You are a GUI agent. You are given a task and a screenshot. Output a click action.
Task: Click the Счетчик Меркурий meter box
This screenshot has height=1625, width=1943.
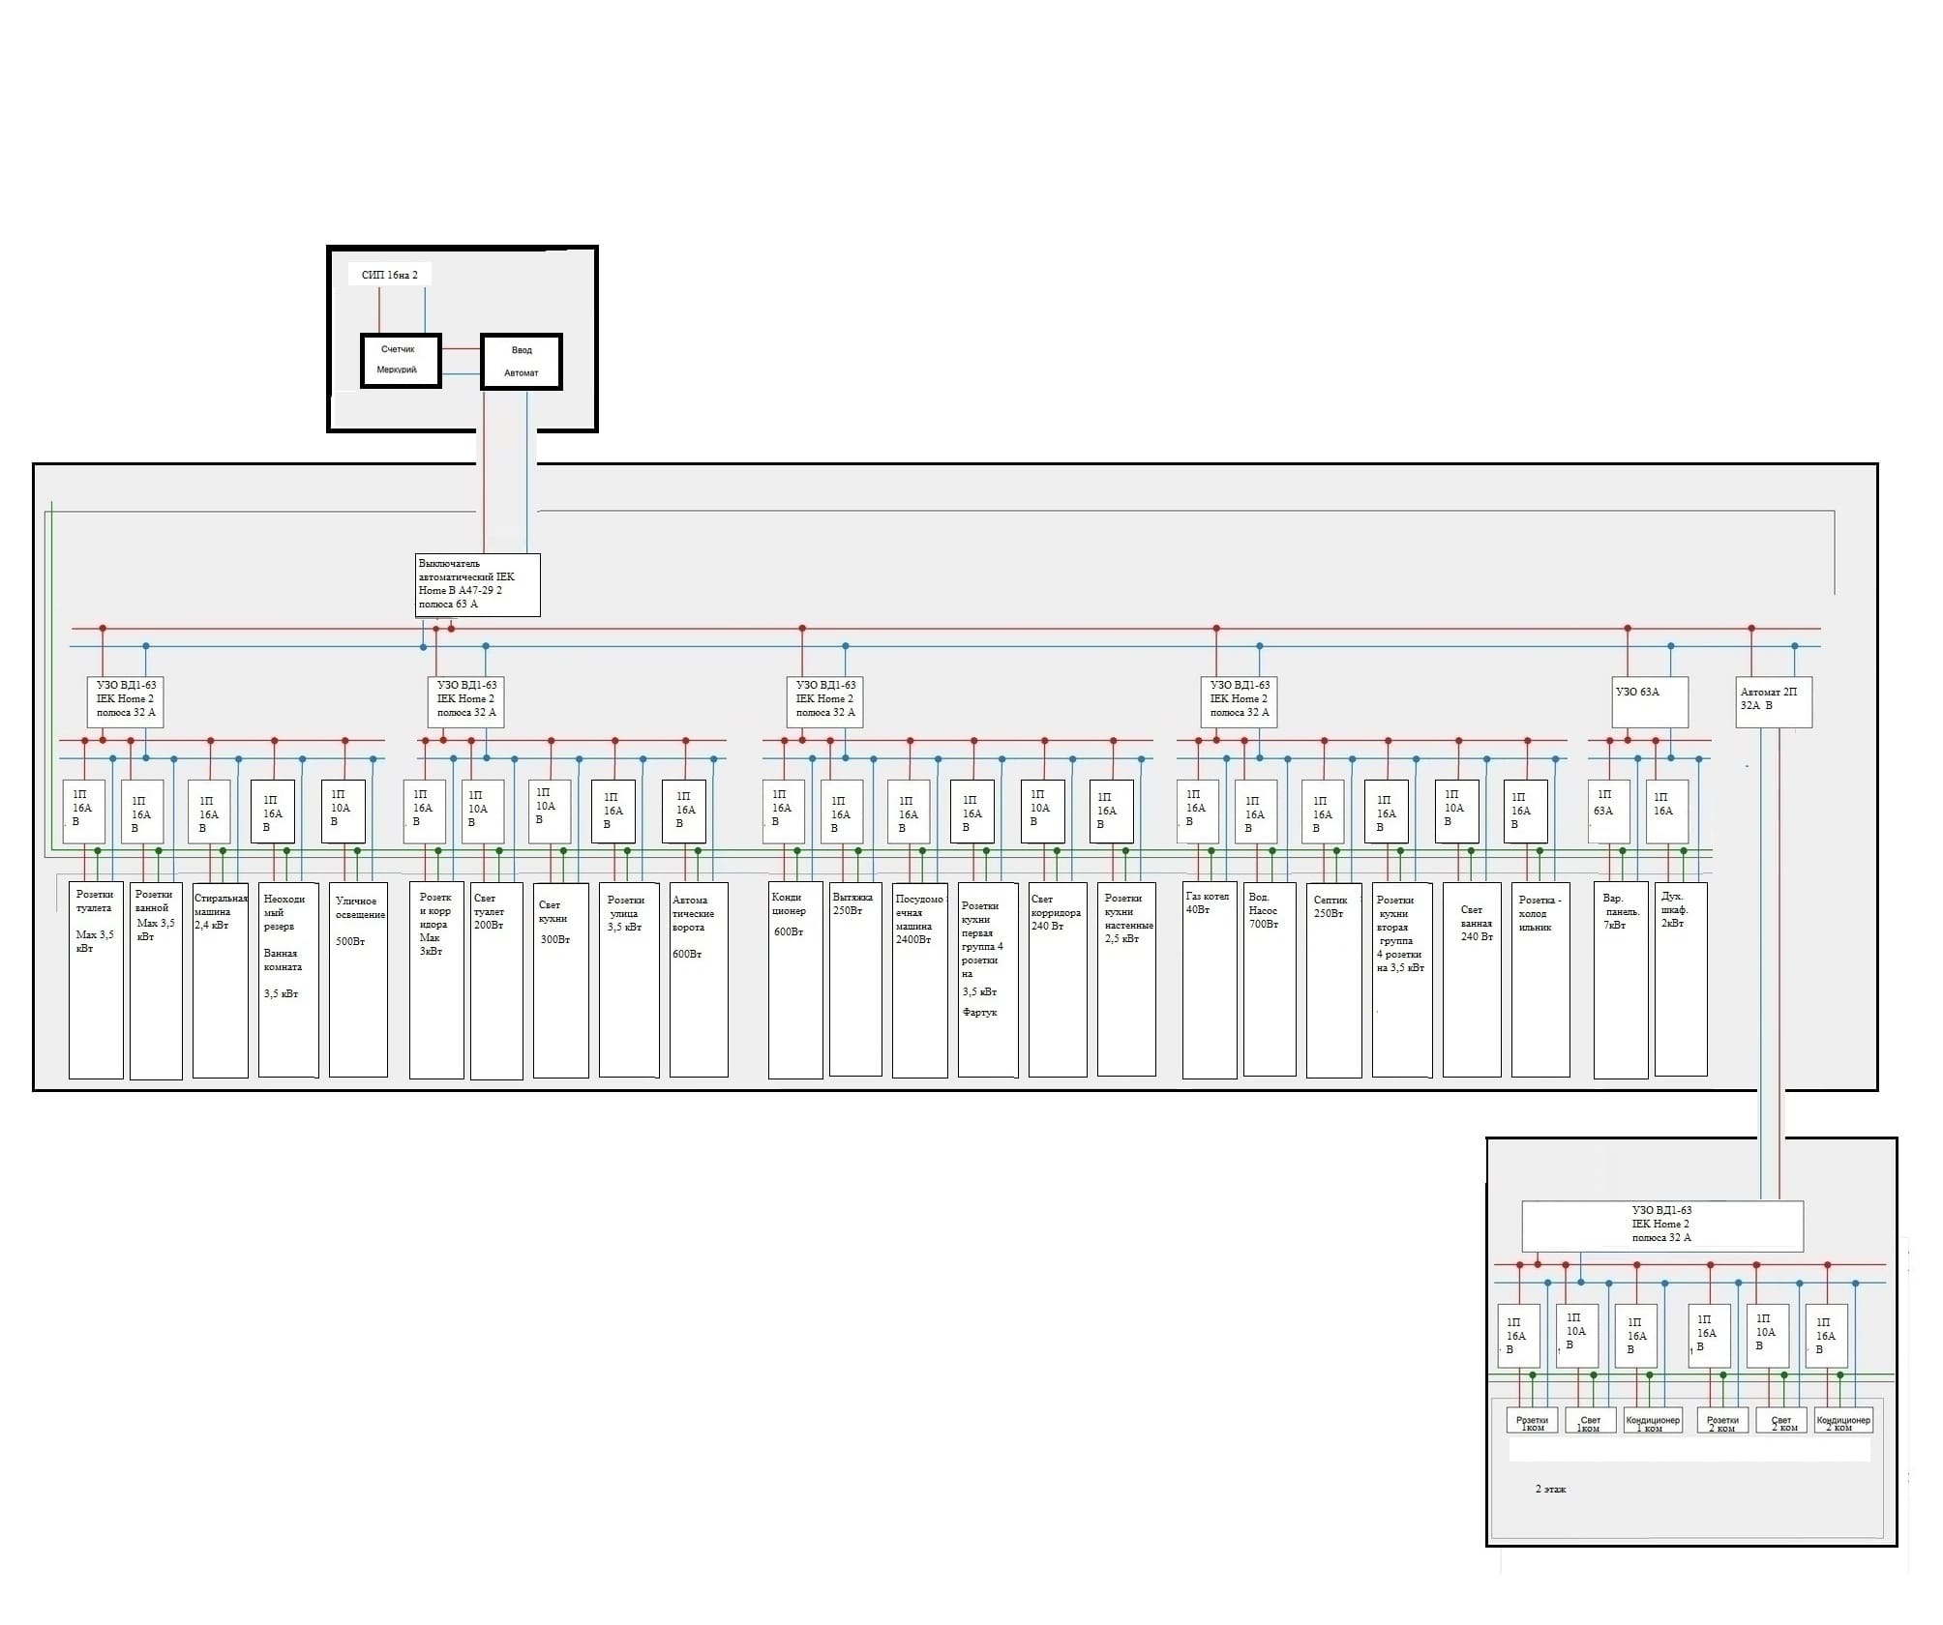coord(401,361)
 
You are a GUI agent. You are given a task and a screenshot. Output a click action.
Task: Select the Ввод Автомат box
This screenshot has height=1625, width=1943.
coord(522,362)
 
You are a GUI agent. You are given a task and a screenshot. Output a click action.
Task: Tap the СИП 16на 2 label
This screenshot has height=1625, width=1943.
coord(389,275)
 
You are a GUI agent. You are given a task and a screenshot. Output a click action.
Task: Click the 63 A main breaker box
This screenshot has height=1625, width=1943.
coord(477,584)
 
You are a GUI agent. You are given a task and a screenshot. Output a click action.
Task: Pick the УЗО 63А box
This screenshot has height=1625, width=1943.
coord(1650,701)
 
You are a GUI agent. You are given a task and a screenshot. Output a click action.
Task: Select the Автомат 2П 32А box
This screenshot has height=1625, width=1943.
coord(1774,701)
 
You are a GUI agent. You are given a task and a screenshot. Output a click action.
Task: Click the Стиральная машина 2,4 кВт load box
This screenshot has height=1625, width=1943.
coord(220,979)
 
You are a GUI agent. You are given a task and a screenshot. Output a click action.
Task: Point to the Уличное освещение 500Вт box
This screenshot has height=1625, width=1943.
coord(358,979)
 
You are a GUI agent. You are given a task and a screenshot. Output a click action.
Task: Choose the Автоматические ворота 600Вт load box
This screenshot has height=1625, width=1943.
coord(699,979)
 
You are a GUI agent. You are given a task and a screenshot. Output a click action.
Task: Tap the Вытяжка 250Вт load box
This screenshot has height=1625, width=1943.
coord(855,979)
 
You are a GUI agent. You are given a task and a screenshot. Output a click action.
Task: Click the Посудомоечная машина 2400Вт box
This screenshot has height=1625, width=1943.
coord(919,979)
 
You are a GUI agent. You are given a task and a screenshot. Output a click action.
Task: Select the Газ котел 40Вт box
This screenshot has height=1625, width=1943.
coord(1209,979)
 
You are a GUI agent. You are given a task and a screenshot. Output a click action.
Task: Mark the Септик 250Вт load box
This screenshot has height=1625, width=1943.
coord(1333,979)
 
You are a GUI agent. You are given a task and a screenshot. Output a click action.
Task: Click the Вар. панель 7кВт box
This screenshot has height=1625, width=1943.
coord(1621,979)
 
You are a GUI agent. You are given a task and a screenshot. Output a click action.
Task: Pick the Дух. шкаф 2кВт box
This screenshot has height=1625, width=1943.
coord(1681,979)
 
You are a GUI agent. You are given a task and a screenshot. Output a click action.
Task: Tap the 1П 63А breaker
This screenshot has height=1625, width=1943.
coord(1608,811)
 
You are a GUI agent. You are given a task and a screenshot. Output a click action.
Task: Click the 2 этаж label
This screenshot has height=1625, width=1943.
coord(1550,1489)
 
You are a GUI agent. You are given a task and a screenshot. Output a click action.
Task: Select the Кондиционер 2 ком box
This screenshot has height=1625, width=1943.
coord(1842,1421)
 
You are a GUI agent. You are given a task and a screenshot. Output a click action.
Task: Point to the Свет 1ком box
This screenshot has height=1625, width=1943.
coord(1590,1421)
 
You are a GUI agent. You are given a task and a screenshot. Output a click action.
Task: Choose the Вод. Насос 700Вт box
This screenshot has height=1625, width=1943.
coord(1269,979)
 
